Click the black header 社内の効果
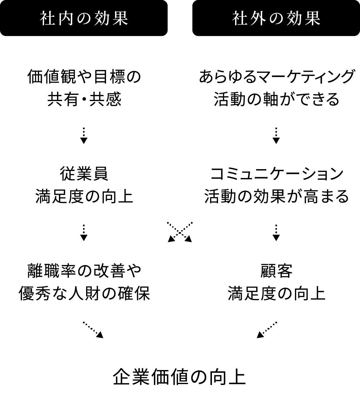coord(84,18)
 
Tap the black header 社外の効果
coord(276,18)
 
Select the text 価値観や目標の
coord(84,77)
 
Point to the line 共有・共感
coord(84,99)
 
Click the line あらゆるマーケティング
coord(276,77)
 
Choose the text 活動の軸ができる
coord(276,99)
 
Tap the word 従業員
coord(84,174)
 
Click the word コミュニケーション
coord(277,174)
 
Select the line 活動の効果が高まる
coord(277,196)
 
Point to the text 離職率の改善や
coord(84,271)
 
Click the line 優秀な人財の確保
coord(84,293)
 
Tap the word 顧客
coord(276,271)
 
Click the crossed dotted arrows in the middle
coord(180,233)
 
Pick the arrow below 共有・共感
coord(84,136)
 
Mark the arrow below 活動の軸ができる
coord(276,136)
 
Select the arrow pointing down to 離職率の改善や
coord(84,233)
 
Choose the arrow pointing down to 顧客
coord(276,233)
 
